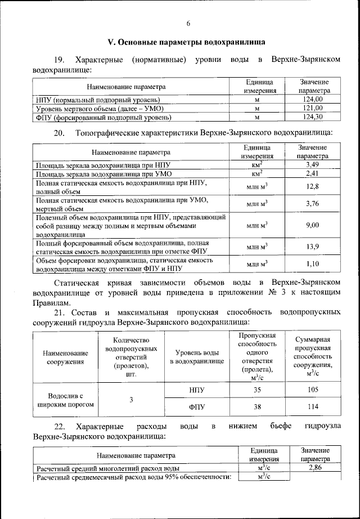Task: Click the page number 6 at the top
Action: [188, 23]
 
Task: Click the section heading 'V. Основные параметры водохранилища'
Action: [187, 43]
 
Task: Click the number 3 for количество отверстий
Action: [130, 400]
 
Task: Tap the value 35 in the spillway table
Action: [257, 390]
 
